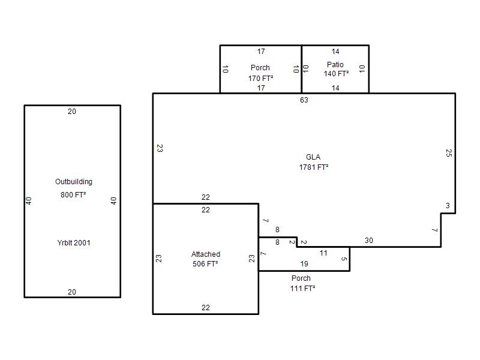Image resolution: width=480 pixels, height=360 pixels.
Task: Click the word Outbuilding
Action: (73, 182)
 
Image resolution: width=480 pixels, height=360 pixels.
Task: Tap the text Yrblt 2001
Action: (74, 243)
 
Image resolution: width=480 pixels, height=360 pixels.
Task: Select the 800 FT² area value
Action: (73, 194)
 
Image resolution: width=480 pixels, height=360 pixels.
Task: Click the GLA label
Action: (313, 157)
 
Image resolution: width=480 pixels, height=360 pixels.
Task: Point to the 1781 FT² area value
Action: (314, 167)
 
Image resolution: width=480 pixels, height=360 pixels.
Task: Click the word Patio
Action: (335, 65)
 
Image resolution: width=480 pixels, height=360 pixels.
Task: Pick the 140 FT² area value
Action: (336, 74)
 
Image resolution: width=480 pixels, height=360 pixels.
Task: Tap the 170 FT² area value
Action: (260, 79)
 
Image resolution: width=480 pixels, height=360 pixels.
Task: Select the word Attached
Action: (206, 254)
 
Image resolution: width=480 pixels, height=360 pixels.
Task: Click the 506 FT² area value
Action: (205, 263)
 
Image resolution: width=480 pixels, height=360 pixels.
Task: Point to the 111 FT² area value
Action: (303, 289)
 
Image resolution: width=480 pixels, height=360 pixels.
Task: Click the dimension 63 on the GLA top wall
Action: (304, 100)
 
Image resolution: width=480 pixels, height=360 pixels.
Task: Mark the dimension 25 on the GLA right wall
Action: (449, 153)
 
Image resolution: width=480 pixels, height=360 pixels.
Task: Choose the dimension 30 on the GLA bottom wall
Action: (369, 241)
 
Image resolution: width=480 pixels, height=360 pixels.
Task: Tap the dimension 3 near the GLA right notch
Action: (448, 206)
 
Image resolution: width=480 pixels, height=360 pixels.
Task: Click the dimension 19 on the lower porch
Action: (304, 264)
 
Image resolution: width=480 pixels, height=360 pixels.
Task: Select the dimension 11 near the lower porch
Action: (323, 253)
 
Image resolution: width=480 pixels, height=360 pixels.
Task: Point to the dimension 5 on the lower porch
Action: (344, 259)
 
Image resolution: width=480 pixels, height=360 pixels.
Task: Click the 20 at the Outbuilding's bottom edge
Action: (72, 292)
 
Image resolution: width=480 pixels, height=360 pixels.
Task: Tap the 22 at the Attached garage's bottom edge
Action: (206, 308)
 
